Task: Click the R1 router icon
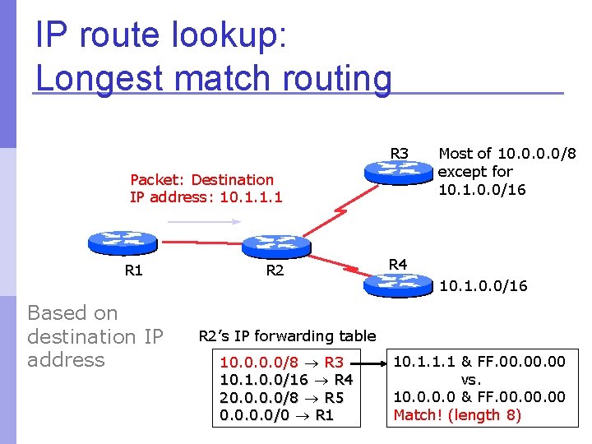point(122,243)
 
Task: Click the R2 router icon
point(277,244)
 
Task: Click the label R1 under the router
point(133,270)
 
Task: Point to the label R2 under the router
point(275,270)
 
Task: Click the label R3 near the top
point(400,153)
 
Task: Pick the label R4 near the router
point(398,264)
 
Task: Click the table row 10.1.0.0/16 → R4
point(287,380)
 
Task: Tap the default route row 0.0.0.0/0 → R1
point(276,416)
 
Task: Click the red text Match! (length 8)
point(457,414)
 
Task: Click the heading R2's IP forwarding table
point(287,335)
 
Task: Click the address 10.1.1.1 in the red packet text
point(252,197)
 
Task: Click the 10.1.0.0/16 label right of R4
point(483,286)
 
